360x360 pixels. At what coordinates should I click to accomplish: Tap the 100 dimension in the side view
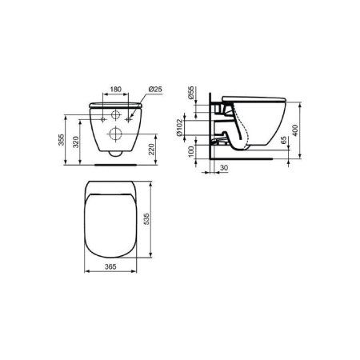(x=190, y=153)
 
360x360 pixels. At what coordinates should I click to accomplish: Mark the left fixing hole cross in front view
(x=102, y=118)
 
